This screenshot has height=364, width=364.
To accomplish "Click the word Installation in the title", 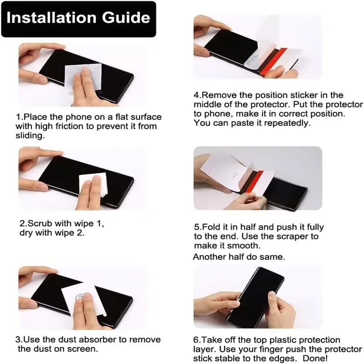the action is click(x=51, y=18).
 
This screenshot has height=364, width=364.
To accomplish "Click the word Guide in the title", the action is click(x=126, y=18).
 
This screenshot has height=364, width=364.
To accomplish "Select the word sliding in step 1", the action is click(x=30, y=136).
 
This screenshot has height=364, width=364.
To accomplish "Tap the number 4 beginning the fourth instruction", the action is click(x=196, y=96).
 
